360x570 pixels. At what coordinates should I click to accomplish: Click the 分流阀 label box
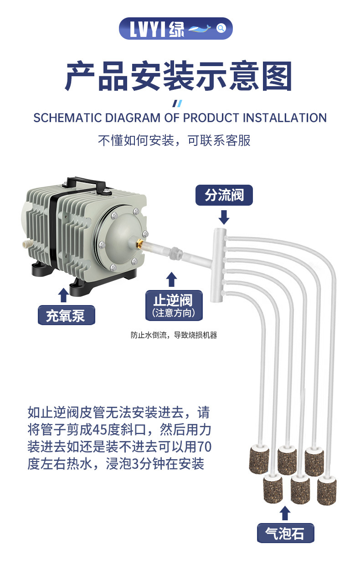[x=224, y=196]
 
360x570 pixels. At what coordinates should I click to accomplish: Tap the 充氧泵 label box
[x=66, y=315]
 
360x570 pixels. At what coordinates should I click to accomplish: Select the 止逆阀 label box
[x=173, y=305]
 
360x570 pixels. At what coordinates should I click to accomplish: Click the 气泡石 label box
[x=285, y=533]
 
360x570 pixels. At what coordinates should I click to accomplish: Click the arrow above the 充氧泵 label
[x=64, y=295]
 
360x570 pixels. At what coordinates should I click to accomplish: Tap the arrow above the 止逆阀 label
[x=172, y=279]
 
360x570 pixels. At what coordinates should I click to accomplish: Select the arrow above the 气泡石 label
[x=285, y=513]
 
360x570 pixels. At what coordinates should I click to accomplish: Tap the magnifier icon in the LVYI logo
[x=221, y=29]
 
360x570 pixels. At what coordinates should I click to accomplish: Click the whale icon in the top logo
[x=200, y=29]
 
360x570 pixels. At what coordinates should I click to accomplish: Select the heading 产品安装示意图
[x=179, y=77]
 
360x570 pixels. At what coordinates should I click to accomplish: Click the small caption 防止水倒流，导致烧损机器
[x=174, y=336]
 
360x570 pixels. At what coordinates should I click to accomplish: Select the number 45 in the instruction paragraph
[x=100, y=430]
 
